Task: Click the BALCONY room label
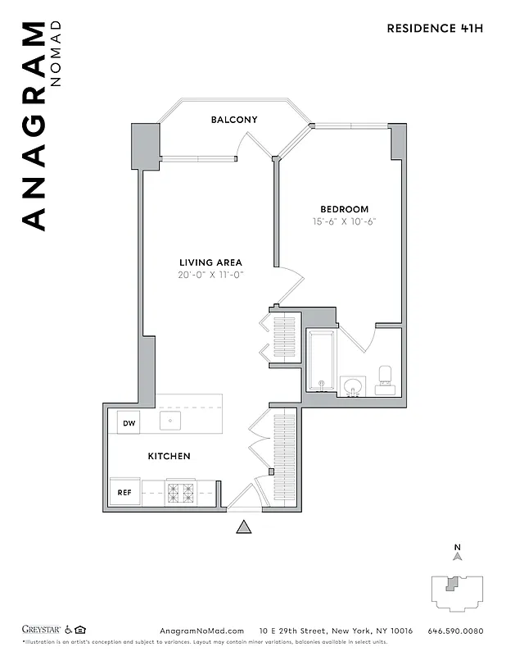coord(234,120)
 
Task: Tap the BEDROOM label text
coord(344,209)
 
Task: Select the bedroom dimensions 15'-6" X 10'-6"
coord(344,221)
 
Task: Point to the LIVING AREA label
coord(212,262)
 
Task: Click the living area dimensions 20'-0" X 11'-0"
coord(212,275)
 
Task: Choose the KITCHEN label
coord(169,456)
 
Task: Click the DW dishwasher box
coord(129,423)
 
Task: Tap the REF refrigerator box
coord(125,493)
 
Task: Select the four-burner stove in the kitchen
coord(181,493)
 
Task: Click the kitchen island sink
coord(170,421)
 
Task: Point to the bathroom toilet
coord(386,377)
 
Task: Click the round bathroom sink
coord(354,386)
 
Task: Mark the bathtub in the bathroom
coord(321,362)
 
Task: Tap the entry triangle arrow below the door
coord(243,527)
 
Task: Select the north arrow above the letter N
coord(458,556)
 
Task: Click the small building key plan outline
coord(458,591)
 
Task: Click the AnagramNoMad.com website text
coord(198,631)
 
